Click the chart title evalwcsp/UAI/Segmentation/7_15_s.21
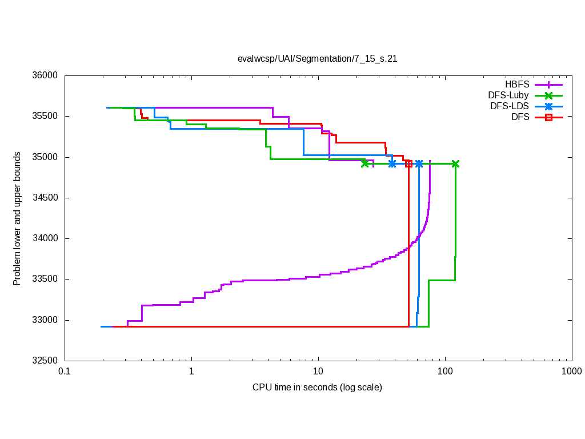pyautogui.click(x=317, y=58)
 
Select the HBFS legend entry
pyautogui.click(x=518, y=85)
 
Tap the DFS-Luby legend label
pyautogui.click(x=508, y=95)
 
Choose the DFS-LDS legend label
pyautogui.click(x=510, y=106)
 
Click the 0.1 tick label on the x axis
pyautogui.click(x=64, y=372)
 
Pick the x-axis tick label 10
pyautogui.click(x=318, y=372)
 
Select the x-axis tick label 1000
pyautogui.click(x=571, y=372)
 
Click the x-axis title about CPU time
pyautogui.click(x=317, y=387)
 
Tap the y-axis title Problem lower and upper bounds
pyautogui.click(x=17, y=218)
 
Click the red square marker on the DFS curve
pyautogui.click(x=408, y=163)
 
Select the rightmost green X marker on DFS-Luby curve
pyautogui.click(x=455, y=163)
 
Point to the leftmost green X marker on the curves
pyautogui.click(x=365, y=163)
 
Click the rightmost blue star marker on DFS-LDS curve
pyautogui.click(x=419, y=163)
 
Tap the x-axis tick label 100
pyautogui.click(x=445, y=372)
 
